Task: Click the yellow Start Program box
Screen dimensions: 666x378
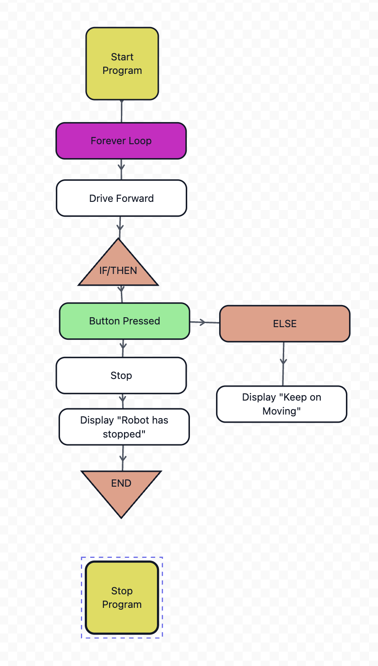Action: [x=122, y=64]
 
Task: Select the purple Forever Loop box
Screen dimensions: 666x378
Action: [x=121, y=141]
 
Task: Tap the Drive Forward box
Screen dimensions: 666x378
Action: [x=121, y=198]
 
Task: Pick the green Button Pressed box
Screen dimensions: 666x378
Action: [x=124, y=321]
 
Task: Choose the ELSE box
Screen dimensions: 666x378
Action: [x=285, y=324]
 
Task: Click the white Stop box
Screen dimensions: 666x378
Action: [x=121, y=375]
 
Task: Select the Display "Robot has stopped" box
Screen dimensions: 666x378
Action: [x=124, y=427]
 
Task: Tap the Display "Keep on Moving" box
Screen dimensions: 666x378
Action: [x=281, y=404]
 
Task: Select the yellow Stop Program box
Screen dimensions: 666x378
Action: [x=122, y=598]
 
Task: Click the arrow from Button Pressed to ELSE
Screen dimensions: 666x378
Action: [x=204, y=322]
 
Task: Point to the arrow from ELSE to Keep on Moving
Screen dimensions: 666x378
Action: [x=283, y=363]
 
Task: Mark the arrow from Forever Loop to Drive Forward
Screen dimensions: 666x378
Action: [x=121, y=169]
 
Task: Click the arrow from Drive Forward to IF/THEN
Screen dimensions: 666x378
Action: [x=120, y=227]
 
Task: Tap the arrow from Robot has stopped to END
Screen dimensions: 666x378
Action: [x=122, y=457]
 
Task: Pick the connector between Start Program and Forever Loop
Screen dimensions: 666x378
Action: [x=121, y=111]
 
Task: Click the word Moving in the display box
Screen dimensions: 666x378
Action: [x=281, y=411]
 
